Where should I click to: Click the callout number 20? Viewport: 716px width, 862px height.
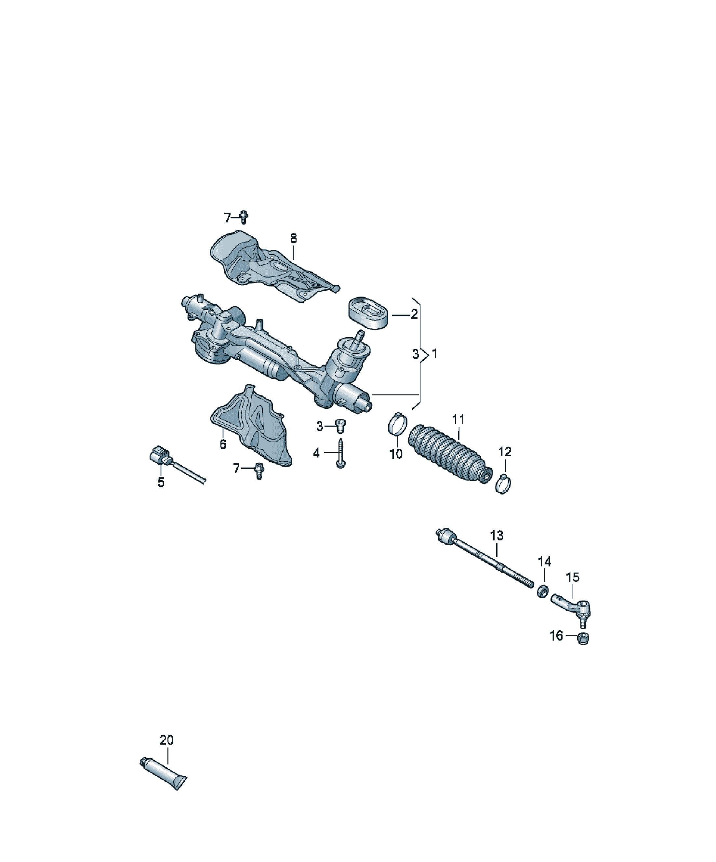tap(167, 740)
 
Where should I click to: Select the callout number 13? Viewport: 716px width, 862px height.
tap(497, 535)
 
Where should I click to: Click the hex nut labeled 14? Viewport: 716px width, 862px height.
tap(543, 591)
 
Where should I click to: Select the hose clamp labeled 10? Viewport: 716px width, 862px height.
tap(397, 424)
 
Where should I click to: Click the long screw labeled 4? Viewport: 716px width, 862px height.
tap(341, 454)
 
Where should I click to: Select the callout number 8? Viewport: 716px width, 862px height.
tap(293, 238)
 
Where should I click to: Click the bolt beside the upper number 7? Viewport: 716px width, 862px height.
tap(244, 217)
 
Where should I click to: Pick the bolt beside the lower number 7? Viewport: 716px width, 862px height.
tap(259, 471)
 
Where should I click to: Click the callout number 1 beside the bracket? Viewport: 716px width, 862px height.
tap(435, 353)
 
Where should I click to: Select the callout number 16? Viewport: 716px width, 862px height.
tap(556, 636)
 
